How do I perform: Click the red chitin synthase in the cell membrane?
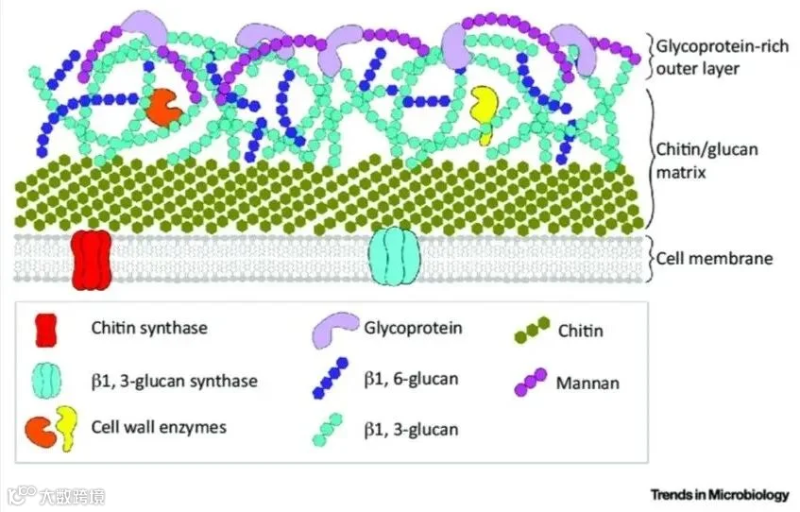(92, 258)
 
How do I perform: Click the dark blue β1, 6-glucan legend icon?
(334, 379)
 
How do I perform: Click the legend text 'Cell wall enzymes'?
(159, 427)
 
